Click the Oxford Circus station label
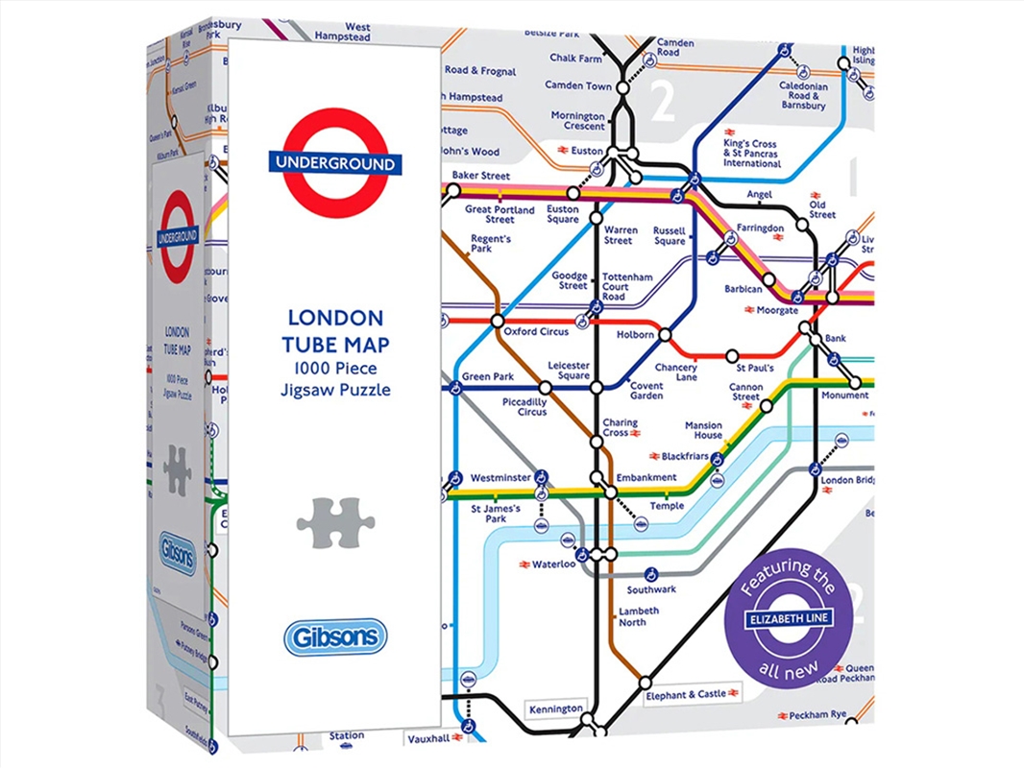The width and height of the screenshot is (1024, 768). click(536, 332)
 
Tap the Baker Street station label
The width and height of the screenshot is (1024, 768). click(480, 177)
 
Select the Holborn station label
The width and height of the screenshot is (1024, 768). click(635, 335)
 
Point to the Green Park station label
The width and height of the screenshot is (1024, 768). click(489, 377)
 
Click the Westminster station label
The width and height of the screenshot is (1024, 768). click(500, 477)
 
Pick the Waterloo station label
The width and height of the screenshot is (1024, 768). click(553, 564)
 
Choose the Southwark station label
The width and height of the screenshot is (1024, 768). click(651, 589)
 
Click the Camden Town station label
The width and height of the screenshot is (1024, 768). click(578, 85)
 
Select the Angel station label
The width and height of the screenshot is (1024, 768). click(760, 195)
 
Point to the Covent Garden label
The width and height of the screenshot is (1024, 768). click(646, 391)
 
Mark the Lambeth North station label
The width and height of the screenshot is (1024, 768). click(639, 616)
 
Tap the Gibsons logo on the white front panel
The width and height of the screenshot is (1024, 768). click(335, 636)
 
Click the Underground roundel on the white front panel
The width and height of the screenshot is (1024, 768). click(335, 163)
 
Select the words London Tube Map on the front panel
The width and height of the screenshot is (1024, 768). click(334, 329)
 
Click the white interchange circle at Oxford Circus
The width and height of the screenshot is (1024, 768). click(497, 321)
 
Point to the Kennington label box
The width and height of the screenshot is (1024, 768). click(556, 709)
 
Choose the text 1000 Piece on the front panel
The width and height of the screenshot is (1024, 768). click(334, 372)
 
